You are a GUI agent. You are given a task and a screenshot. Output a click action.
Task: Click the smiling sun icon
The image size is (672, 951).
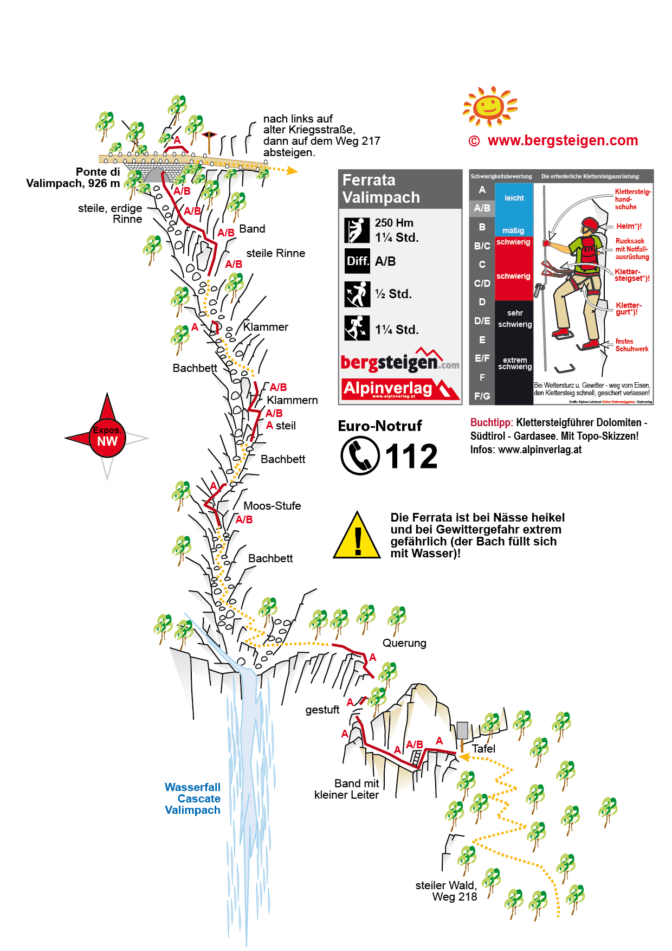[490, 105]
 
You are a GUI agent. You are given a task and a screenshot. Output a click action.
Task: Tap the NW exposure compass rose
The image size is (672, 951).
[107, 437]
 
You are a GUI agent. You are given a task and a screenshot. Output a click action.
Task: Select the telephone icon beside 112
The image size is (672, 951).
[360, 455]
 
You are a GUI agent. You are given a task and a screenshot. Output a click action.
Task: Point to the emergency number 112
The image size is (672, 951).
[411, 457]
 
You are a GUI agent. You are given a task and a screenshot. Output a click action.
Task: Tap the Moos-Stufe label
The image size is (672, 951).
[272, 506]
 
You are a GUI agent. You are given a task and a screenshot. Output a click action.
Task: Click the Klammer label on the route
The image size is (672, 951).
[266, 327]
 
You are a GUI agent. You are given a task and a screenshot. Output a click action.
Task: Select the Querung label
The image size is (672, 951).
[404, 643]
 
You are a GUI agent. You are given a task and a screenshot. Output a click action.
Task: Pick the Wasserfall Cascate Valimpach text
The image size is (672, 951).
[193, 799]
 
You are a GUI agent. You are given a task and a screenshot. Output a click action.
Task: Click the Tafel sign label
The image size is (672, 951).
[483, 749]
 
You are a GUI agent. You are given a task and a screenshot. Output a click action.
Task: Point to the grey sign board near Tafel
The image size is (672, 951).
[462, 730]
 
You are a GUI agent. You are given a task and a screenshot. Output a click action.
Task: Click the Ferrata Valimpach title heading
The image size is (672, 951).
[381, 189]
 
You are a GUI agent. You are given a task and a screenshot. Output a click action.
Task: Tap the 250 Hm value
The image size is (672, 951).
[394, 223]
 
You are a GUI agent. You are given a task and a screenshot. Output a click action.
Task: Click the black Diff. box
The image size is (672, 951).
[358, 261]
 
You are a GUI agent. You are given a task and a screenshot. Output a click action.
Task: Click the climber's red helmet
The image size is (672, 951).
[590, 224]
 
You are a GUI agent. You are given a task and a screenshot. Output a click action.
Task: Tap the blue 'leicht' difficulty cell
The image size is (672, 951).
[514, 198]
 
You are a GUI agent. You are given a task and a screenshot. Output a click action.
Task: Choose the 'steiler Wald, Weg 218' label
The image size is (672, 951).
[446, 891]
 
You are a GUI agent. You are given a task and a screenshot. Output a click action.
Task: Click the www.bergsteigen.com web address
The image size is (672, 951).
[563, 140]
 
